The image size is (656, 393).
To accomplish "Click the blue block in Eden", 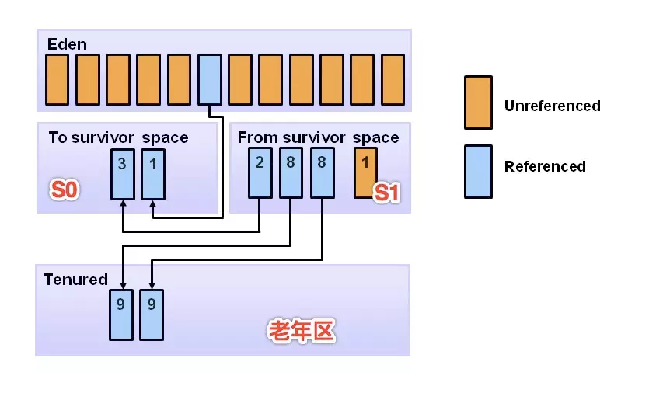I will (x=210, y=79).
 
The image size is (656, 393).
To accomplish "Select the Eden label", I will (x=67, y=43).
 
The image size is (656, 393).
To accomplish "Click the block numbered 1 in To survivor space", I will (x=152, y=173).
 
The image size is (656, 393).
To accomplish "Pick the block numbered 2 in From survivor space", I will (x=260, y=173).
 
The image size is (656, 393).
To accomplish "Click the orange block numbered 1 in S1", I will (x=365, y=173).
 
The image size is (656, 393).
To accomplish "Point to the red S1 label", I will (x=386, y=193).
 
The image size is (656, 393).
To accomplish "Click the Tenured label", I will (x=75, y=280).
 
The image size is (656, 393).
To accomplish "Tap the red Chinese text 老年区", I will (x=302, y=332).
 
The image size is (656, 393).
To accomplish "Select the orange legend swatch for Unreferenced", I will (x=477, y=102).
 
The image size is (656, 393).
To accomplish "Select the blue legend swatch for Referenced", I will (x=477, y=171).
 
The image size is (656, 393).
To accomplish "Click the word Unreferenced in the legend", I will (x=552, y=106).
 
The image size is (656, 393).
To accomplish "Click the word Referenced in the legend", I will (x=545, y=166).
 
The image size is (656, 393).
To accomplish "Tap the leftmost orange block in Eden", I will (x=57, y=79).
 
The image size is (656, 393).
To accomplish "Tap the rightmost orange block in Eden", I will (x=393, y=79).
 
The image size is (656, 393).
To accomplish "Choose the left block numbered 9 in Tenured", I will (x=120, y=314).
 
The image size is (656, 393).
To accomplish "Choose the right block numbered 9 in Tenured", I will (x=151, y=314).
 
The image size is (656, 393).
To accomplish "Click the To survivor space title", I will (x=118, y=137).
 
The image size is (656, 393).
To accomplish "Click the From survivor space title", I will (x=318, y=137).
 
